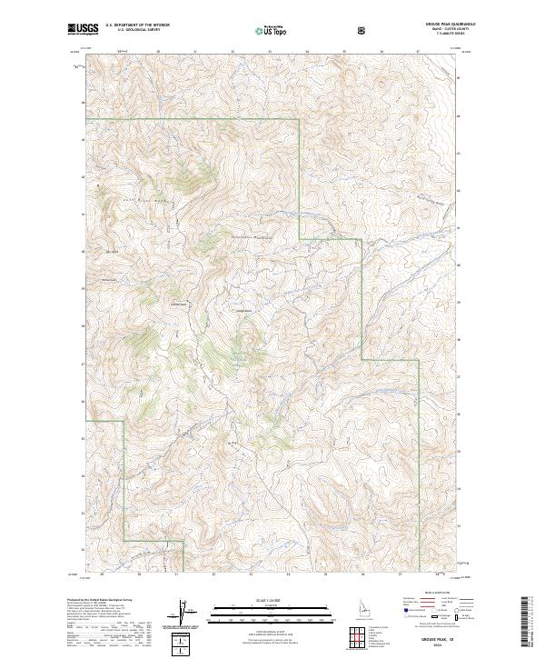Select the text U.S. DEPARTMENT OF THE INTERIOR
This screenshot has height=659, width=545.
[x=134, y=26]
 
